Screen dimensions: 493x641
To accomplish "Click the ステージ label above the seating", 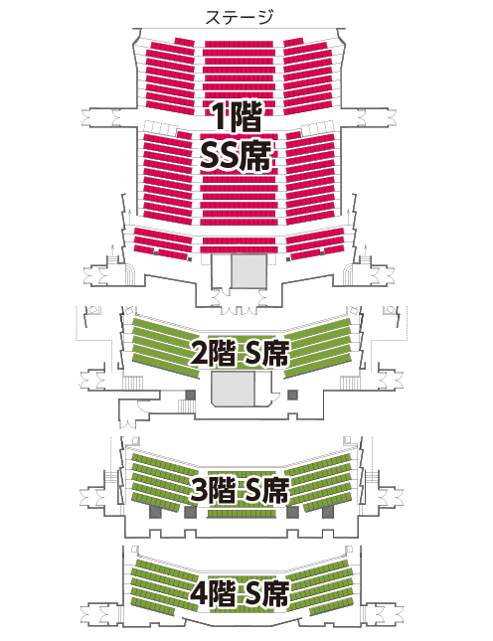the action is point(240,17).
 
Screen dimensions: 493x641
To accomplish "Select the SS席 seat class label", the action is point(236,157).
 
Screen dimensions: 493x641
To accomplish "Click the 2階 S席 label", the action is point(240,354).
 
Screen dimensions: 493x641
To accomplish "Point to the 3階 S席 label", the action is point(240,490).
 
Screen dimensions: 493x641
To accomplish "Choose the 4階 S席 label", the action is point(240,593).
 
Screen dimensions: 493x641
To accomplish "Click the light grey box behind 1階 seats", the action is point(249,271).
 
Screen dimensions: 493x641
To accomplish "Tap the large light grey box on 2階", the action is point(233,389).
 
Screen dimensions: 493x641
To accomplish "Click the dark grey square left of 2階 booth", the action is point(191,395).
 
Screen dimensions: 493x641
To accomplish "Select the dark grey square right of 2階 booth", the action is point(292,395).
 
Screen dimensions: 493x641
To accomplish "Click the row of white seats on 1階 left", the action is point(161,128).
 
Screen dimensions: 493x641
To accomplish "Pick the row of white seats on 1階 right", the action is point(318,129).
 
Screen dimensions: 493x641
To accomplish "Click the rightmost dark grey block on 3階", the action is point(327,512).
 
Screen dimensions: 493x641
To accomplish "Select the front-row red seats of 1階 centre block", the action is point(239,44).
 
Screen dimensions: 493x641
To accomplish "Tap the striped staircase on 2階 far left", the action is point(133,383).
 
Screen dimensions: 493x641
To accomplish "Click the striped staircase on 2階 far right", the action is point(350,383).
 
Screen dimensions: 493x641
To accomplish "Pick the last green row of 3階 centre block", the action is point(242,514).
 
